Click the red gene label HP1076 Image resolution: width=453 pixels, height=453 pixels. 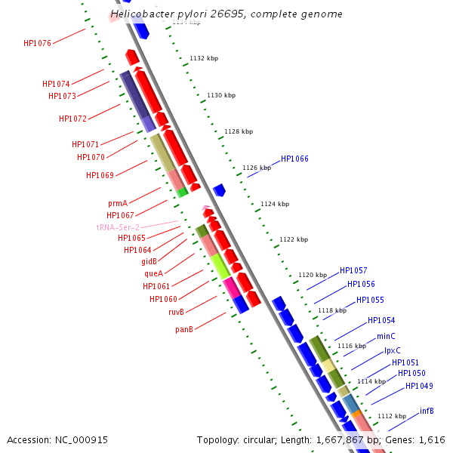click(x=37, y=44)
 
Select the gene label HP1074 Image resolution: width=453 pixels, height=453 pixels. click(x=56, y=85)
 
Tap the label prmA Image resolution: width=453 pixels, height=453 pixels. click(x=117, y=204)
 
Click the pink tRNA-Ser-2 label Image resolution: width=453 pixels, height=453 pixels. click(x=118, y=227)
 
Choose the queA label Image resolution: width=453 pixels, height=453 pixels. click(x=153, y=273)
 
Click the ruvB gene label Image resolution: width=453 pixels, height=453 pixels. click(x=176, y=312)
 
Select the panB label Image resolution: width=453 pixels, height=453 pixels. click(x=184, y=329)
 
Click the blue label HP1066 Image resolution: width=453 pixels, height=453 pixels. click(x=294, y=159)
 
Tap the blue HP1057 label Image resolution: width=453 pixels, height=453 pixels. click(x=353, y=270)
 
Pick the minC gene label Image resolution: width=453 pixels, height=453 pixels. click(x=386, y=336)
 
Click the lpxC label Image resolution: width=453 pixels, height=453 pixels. click(x=393, y=350)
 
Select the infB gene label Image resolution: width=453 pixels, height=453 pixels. click(x=427, y=411)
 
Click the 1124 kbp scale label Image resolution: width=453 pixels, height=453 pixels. click(x=275, y=204)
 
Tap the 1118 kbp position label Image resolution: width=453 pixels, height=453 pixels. click(x=332, y=310)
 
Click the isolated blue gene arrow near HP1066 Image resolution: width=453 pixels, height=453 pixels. click(x=220, y=190)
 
